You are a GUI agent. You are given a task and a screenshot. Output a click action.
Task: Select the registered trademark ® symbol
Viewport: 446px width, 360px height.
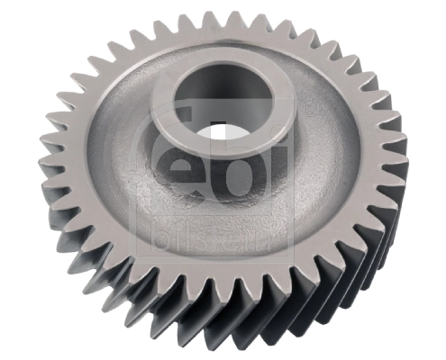tap(309, 107)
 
